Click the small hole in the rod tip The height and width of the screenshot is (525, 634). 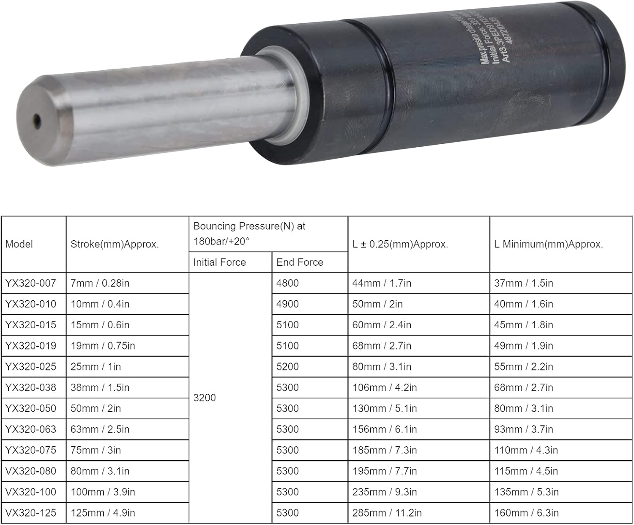(x=37, y=121)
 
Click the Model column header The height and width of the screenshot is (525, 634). (x=19, y=244)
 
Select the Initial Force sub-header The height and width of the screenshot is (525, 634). (x=219, y=262)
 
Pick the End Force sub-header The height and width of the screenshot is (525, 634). (x=300, y=262)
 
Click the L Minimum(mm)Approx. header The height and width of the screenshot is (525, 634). (x=548, y=244)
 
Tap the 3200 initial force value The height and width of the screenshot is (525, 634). (x=205, y=398)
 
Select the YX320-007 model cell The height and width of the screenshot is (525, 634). (x=30, y=283)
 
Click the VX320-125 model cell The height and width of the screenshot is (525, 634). (x=30, y=513)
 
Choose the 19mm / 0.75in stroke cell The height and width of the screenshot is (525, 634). (x=103, y=346)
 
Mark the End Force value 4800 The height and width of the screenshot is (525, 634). (x=287, y=283)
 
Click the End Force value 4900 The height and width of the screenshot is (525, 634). (x=287, y=304)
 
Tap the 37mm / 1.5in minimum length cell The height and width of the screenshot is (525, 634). (x=523, y=283)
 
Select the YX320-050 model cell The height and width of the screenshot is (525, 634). (x=30, y=408)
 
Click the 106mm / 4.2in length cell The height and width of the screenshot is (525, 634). (x=384, y=388)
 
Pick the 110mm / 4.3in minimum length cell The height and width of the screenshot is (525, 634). (x=526, y=450)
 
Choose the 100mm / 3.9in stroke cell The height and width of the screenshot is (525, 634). (x=103, y=492)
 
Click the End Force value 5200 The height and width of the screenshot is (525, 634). (x=287, y=366)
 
